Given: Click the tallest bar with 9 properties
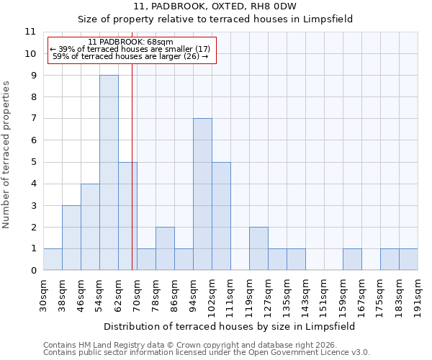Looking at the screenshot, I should pyautogui.click(x=109, y=173).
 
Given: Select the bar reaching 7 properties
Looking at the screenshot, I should pyautogui.click(x=202, y=194).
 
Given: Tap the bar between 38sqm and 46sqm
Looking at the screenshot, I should pyautogui.click(x=71, y=238).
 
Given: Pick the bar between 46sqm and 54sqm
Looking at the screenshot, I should pyautogui.click(x=90, y=227).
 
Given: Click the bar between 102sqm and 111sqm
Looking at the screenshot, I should pyautogui.click(x=221, y=216).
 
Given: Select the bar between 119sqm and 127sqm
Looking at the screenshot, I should pyautogui.click(x=258, y=248).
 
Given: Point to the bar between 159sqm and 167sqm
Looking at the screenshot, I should pyautogui.click(x=352, y=259).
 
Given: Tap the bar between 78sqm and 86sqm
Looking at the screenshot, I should pyautogui.click(x=165, y=248).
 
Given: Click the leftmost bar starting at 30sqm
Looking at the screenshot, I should pyautogui.click(x=53, y=259).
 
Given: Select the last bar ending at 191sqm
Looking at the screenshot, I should pyautogui.click(x=408, y=259).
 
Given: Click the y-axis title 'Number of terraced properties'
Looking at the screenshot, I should pyautogui.click(x=7, y=155).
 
